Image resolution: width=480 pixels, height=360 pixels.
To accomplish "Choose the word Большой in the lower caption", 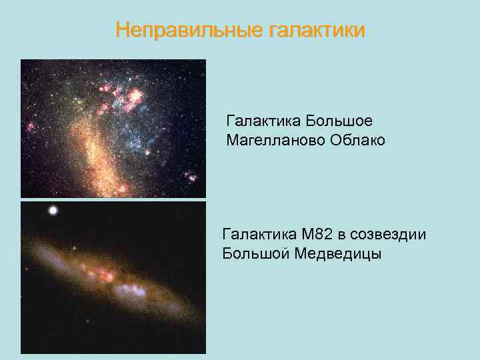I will click(x=255, y=254).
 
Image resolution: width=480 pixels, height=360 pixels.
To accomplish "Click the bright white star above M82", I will click(x=52, y=211).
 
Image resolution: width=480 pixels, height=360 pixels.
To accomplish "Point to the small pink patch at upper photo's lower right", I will click(x=192, y=177).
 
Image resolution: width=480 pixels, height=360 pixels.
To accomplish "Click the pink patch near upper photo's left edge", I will click(x=30, y=127).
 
